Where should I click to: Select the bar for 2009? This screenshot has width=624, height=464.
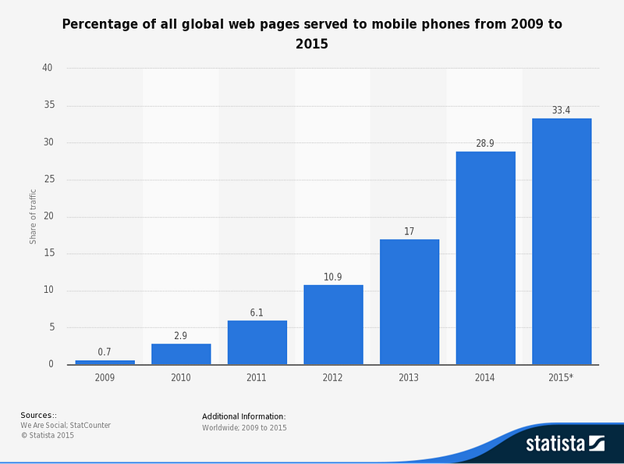[105, 362]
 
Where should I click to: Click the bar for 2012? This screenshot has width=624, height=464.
[334, 324]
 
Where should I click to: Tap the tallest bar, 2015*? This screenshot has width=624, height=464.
[562, 241]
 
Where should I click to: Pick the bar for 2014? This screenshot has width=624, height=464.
[486, 258]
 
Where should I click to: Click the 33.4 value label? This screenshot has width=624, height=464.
[561, 110]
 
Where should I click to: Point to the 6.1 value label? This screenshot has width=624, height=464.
[257, 312]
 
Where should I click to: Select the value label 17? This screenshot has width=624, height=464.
[409, 231]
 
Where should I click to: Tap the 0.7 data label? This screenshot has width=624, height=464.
[105, 352]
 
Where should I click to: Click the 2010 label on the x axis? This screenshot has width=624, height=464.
[181, 377]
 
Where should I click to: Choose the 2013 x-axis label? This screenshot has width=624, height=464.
[409, 377]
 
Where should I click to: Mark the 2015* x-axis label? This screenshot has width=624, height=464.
[561, 377]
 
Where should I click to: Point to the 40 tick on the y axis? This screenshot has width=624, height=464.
[48, 68]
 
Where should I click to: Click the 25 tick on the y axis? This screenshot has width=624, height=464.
[49, 179]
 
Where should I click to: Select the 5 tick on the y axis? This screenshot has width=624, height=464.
[52, 327]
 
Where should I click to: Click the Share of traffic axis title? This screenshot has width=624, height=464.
[33, 216]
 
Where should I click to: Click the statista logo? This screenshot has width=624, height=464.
[565, 444]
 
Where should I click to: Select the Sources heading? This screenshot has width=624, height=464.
[38, 415]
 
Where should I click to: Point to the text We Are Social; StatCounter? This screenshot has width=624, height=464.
[66, 425]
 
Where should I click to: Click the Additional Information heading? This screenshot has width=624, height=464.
[244, 416]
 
